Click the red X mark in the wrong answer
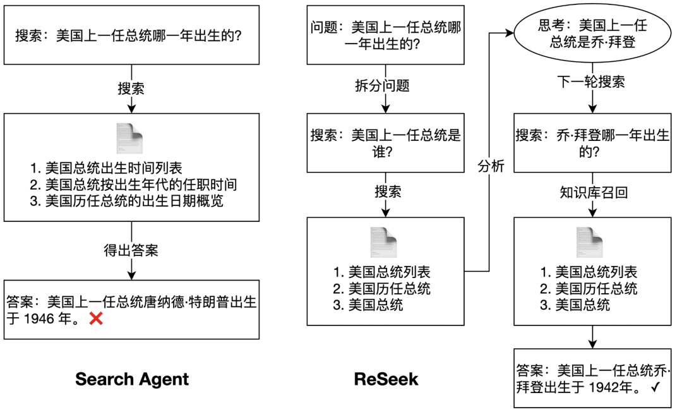[96, 320]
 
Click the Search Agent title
[131, 379]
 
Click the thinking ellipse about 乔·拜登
[592, 33]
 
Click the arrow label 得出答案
[131, 250]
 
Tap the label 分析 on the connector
[490, 167]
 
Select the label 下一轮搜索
[592, 82]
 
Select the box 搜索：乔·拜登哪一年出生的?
[592, 143]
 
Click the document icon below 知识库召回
[590, 241]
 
